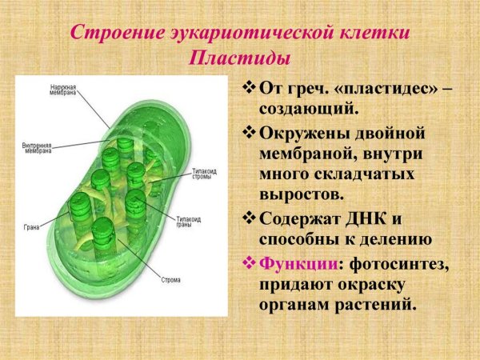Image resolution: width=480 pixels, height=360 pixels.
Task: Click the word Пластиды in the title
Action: coord(240,58)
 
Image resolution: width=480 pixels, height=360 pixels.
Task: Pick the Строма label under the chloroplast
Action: coord(170,280)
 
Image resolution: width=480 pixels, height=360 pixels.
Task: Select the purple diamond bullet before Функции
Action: coord(248,263)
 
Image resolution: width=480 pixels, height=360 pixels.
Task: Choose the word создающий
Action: coord(308,107)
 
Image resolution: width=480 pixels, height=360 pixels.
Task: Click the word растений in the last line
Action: coord(371,305)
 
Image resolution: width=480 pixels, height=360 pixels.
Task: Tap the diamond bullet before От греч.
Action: coord(248,86)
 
